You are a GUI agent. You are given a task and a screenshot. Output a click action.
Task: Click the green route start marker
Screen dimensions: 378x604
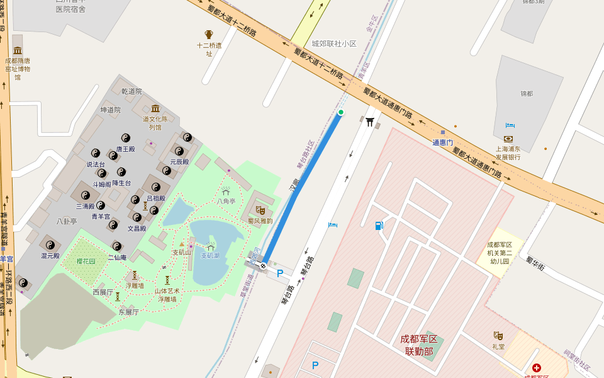[341, 112]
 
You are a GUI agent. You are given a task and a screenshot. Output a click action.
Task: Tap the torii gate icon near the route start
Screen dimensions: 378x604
[370, 121]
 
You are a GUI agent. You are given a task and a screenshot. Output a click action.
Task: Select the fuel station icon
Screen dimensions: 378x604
[379, 226]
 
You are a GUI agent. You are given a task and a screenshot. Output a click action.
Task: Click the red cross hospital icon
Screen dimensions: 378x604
[536, 368]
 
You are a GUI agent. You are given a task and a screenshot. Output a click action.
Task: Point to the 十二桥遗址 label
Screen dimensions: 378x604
[209, 49]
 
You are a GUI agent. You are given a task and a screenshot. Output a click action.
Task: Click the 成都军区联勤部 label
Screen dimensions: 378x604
[418, 345]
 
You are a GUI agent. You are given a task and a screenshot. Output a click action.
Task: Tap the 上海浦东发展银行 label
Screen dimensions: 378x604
[508, 153]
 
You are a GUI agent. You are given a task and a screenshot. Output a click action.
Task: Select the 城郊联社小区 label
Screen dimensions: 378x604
[334, 44]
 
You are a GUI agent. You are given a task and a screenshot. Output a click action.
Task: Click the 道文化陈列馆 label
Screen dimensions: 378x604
[155, 123]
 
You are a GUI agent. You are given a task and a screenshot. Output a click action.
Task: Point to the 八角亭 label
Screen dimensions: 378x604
[226, 202]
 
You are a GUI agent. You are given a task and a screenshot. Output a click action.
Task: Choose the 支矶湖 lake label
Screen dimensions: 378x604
[210, 256]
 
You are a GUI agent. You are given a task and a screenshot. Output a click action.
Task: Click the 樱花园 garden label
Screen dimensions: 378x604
[86, 261]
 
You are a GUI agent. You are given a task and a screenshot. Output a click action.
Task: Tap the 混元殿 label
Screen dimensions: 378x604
[50, 256]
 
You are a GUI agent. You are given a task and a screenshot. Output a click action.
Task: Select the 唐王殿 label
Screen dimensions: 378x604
[125, 149]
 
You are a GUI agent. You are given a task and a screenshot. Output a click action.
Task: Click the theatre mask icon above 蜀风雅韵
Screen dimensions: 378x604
[260, 210]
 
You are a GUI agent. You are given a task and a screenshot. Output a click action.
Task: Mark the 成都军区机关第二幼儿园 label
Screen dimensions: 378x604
[500, 253]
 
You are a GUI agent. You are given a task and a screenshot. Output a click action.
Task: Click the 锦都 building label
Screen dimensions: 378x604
[526, 93]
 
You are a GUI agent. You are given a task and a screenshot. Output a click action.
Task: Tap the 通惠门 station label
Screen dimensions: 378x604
[442, 142]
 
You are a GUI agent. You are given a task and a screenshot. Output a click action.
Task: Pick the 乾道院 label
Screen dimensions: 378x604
[131, 91]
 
